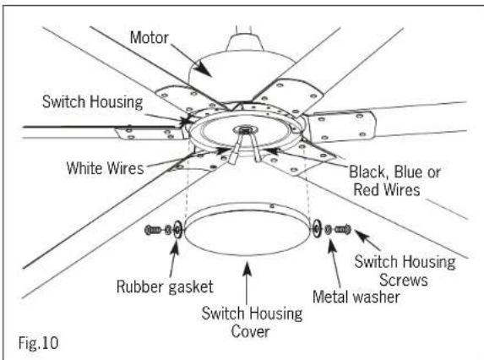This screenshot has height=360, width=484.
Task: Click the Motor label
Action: tap(150, 38)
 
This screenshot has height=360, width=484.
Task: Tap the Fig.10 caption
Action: tap(39, 343)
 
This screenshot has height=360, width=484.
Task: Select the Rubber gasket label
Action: tap(165, 287)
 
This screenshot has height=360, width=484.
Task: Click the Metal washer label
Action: tap(356, 297)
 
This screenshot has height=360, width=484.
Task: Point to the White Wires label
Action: tap(106, 168)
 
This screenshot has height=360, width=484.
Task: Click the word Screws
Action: tap(404, 280)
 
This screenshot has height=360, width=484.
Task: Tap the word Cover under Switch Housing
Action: tap(250, 331)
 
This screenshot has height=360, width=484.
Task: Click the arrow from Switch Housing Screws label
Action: tap(368, 240)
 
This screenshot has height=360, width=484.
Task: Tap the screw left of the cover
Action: tap(153, 230)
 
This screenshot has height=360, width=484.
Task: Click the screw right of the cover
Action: tap(343, 229)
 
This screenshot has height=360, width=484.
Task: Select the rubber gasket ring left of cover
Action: tap(177, 230)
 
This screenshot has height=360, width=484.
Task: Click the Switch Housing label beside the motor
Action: tap(92, 102)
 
